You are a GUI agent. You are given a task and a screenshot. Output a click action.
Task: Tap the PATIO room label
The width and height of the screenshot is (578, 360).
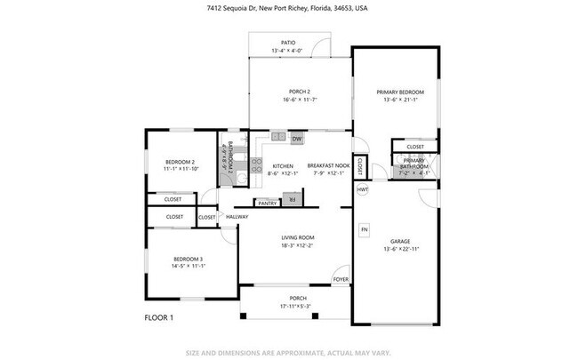288,42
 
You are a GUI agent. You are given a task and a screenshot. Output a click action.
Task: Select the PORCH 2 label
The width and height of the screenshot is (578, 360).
299,92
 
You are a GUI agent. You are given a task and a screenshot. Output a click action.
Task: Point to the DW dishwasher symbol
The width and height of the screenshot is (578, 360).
297,139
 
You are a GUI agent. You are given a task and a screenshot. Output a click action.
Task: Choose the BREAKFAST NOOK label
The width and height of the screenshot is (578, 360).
325,166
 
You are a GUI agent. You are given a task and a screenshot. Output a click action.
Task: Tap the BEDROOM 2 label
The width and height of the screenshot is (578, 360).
179,162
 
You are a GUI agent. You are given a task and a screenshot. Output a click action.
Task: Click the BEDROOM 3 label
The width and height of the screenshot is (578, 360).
188,258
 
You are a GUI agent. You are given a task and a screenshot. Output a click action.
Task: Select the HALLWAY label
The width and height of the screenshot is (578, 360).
237,217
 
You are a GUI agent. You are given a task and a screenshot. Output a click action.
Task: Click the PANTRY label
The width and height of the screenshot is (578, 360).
268,203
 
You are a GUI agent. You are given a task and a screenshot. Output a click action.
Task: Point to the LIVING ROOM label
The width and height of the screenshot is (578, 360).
298,237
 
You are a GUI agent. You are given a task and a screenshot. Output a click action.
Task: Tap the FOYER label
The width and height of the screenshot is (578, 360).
341,279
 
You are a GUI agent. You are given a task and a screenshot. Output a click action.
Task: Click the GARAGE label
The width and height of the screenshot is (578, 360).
399,241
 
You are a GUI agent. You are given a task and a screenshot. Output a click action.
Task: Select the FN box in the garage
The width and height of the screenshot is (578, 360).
363,230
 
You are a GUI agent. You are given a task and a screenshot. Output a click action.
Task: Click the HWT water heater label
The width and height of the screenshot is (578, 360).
363,189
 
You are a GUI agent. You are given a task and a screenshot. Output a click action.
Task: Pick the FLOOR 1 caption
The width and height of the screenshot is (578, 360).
158,317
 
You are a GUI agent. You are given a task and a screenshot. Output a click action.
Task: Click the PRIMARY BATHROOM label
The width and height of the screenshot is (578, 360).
414,163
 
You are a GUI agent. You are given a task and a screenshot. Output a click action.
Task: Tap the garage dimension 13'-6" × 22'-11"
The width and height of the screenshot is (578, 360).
399,249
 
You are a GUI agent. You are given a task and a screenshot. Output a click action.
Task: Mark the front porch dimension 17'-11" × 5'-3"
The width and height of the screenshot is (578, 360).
298,307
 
